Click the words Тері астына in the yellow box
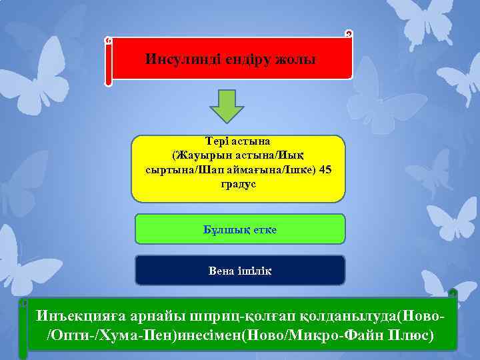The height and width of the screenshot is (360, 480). (x=238, y=142)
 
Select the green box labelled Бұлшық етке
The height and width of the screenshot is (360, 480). (x=240, y=229)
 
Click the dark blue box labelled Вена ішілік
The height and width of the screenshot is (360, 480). (x=240, y=270)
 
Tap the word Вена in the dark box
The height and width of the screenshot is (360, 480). (x=222, y=271)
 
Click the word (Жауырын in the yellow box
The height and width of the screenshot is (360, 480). (x=200, y=155)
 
